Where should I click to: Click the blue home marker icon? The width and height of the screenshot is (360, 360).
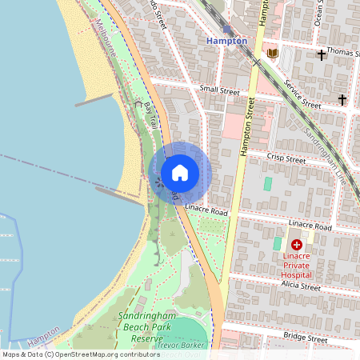[x=180, y=172]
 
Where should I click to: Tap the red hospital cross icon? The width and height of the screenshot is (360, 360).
[x=297, y=245]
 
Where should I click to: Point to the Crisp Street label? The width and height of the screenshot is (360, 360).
[x=286, y=159]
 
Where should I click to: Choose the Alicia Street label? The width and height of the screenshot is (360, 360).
[x=301, y=286]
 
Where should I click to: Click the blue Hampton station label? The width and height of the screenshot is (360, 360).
[x=226, y=40]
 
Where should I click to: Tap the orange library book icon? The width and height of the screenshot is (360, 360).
[x=273, y=54]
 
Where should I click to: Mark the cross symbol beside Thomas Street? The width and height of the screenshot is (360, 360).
[x=322, y=55]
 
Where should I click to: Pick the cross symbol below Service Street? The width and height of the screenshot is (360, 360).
[x=342, y=100]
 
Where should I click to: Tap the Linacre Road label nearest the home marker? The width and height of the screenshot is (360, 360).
[x=207, y=211]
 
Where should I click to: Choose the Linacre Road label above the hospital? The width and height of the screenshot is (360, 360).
[x=310, y=226]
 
